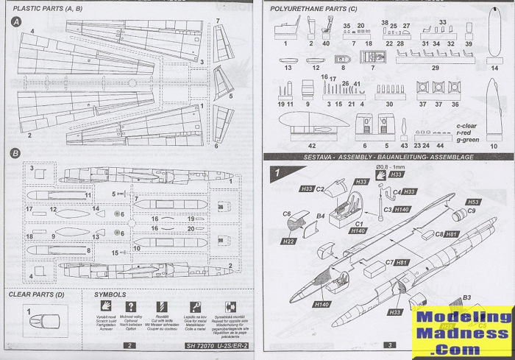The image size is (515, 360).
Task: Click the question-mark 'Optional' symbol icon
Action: pyautogui.click(x=132, y=307)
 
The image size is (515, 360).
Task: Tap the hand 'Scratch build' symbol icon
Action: pyautogui.click(x=107, y=307)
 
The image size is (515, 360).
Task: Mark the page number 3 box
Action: pyautogui.click(x=388, y=345)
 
